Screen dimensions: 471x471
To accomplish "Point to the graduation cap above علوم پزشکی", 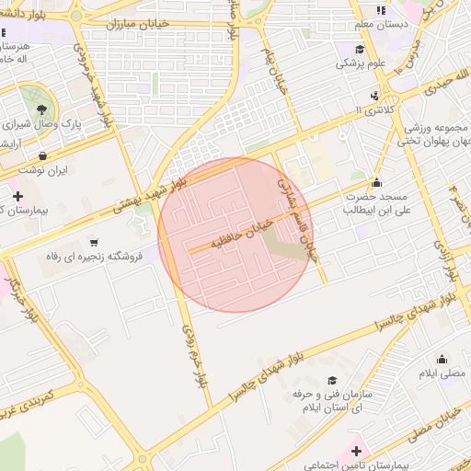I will [359, 49].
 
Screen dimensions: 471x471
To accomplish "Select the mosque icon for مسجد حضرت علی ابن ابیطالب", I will [376, 182].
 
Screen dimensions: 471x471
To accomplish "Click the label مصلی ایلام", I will [442, 373].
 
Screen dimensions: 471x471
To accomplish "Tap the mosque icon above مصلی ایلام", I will [442, 360].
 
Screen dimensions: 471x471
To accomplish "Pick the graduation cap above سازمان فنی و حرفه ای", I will [331, 380].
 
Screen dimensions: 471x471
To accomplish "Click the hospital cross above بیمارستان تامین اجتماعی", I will [357, 452].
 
